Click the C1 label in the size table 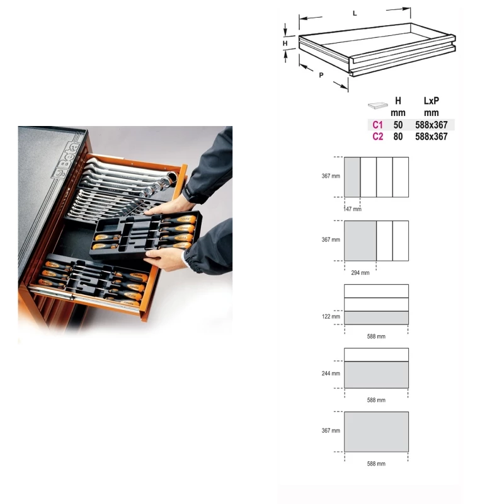click(x=377, y=125)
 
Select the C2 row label click(x=377, y=137)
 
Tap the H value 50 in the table click(x=398, y=125)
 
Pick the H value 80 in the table click(x=398, y=137)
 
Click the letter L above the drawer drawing click(x=355, y=13)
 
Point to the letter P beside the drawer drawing click(x=321, y=75)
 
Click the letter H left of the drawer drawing click(x=285, y=43)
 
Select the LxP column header click(x=432, y=101)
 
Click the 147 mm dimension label click(x=353, y=209)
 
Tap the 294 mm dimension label click(x=360, y=273)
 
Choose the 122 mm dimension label click(x=331, y=317)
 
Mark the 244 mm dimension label click(x=331, y=374)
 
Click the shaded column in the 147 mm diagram click(x=352, y=177)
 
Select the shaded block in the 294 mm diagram click(x=360, y=241)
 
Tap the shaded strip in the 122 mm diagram click(x=376, y=318)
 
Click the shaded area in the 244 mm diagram click(x=376, y=375)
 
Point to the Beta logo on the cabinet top click(x=66, y=160)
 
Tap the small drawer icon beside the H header click(x=377, y=105)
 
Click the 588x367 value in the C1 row click(x=432, y=125)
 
